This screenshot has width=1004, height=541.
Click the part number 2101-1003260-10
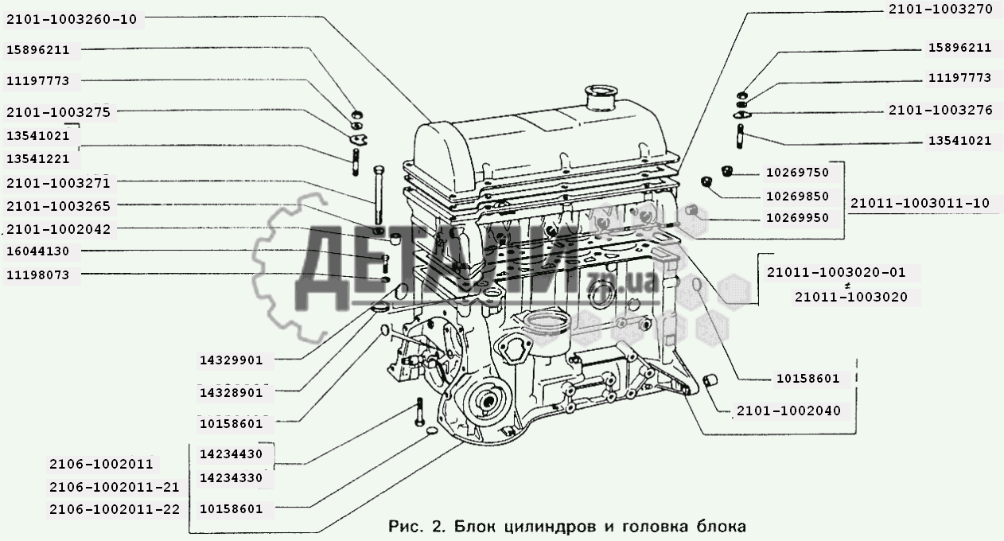tap(72, 20)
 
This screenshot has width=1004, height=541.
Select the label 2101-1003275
tap(58, 112)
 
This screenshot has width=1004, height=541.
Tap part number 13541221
tap(38, 159)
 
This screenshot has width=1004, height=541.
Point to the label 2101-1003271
tap(58, 183)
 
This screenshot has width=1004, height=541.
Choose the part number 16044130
tap(38, 251)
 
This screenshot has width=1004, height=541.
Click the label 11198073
tap(38, 275)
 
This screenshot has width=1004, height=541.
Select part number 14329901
tap(232, 360)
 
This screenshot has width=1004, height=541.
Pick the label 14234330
tap(232, 478)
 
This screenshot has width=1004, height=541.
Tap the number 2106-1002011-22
tap(115, 510)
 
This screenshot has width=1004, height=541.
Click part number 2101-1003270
tap(941, 10)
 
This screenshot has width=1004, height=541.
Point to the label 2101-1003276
tap(941, 111)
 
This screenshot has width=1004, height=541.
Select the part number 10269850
tap(798, 197)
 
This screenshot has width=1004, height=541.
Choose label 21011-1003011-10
tap(920, 204)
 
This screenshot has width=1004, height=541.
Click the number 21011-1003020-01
tap(837, 273)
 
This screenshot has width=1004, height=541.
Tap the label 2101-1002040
tap(789, 411)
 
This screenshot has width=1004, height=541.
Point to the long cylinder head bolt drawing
tap(379, 195)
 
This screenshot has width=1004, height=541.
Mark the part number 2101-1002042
tap(58, 229)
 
